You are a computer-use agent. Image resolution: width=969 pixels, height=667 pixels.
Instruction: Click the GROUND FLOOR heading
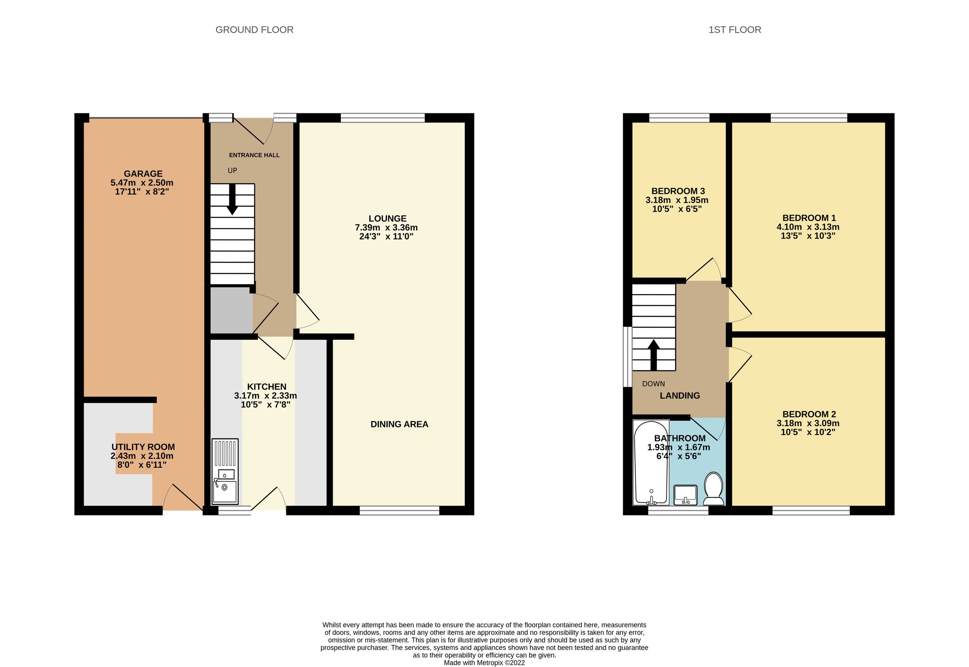tap(254, 30)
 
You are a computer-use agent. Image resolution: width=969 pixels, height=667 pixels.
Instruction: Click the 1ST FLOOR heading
tap(734, 30)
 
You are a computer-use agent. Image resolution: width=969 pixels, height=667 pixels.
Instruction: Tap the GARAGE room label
tap(143, 174)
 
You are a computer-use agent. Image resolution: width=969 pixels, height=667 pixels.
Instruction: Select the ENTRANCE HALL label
tap(254, 155)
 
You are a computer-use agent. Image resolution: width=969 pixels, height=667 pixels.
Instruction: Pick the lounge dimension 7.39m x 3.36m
tap(386, 228)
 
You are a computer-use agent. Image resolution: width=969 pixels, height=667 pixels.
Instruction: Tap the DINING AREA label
tap(399, 424)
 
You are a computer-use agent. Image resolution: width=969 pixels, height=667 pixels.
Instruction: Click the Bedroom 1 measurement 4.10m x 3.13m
tap(808, 227)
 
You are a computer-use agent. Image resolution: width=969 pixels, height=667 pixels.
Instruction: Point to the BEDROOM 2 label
tap(809, 414)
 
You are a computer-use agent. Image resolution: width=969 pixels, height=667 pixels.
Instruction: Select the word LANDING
tap(680, 395)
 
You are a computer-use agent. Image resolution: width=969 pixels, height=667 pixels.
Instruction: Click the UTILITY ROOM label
tap(143, 447)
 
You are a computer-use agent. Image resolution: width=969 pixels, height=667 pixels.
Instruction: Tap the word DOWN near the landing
tap(653, 384)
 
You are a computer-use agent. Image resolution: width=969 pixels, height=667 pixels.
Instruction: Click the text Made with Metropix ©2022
tap(484, 663)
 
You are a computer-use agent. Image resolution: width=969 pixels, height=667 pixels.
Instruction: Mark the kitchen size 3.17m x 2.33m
tap(266, 396)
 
